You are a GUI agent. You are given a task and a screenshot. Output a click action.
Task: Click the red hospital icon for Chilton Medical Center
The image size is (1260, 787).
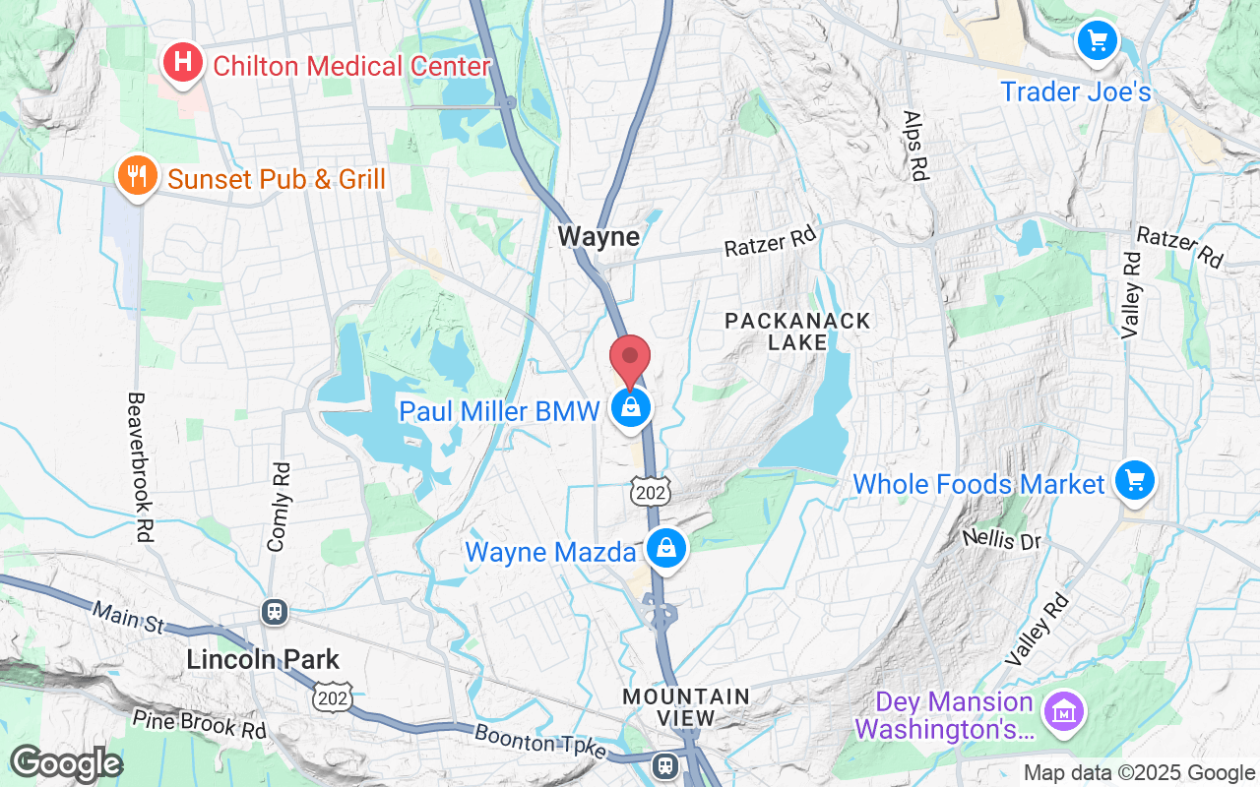(182, 65)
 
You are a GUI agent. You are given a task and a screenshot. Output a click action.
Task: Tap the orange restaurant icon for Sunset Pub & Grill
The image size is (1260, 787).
(137, 177)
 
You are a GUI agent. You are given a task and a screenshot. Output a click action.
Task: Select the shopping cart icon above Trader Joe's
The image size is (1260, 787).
(1097, 41)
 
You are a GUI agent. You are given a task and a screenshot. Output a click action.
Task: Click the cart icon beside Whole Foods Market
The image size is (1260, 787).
(1135, 481)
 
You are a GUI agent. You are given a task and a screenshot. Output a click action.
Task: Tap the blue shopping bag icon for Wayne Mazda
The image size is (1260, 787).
(667, 548)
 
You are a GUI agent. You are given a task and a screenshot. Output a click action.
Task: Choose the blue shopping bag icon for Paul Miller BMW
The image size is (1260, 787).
(630, 407)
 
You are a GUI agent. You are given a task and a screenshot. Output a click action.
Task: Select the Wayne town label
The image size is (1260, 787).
(598, 236)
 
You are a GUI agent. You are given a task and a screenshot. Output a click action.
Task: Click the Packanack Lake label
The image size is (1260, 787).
(797, 332)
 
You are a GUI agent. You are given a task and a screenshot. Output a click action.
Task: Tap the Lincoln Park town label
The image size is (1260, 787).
(263, 659)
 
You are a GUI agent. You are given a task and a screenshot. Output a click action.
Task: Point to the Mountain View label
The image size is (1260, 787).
(685, 707)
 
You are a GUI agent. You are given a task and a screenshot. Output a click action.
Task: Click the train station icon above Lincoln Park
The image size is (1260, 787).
(275, 612)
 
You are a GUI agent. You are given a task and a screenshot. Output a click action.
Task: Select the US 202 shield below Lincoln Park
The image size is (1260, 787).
(330, 696)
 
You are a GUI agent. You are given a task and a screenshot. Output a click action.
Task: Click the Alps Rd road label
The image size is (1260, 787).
(915, 145)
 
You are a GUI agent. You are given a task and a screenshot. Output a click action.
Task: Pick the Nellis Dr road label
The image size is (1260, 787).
(1001, 539)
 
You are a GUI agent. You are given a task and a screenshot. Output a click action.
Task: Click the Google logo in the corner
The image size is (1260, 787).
(66, 763)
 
